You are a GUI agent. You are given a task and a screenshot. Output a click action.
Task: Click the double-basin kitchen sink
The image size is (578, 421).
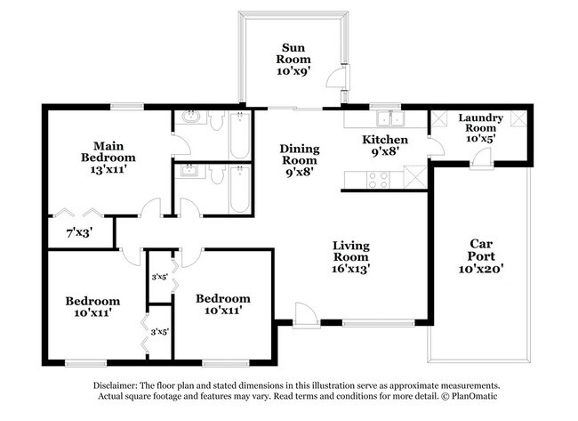(x=388, y=118)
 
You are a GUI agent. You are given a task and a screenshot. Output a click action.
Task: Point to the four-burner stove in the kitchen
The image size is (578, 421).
(x=377, y=175)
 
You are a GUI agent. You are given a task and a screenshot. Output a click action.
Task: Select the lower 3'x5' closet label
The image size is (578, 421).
(x=160, y=332)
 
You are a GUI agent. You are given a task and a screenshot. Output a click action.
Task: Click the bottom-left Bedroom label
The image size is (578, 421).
(x=92, y=301)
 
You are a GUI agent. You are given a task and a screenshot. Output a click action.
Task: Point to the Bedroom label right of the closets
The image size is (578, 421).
(x=222, y=297)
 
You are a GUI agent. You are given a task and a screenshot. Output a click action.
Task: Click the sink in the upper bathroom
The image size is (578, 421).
(x=189, y=118)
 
